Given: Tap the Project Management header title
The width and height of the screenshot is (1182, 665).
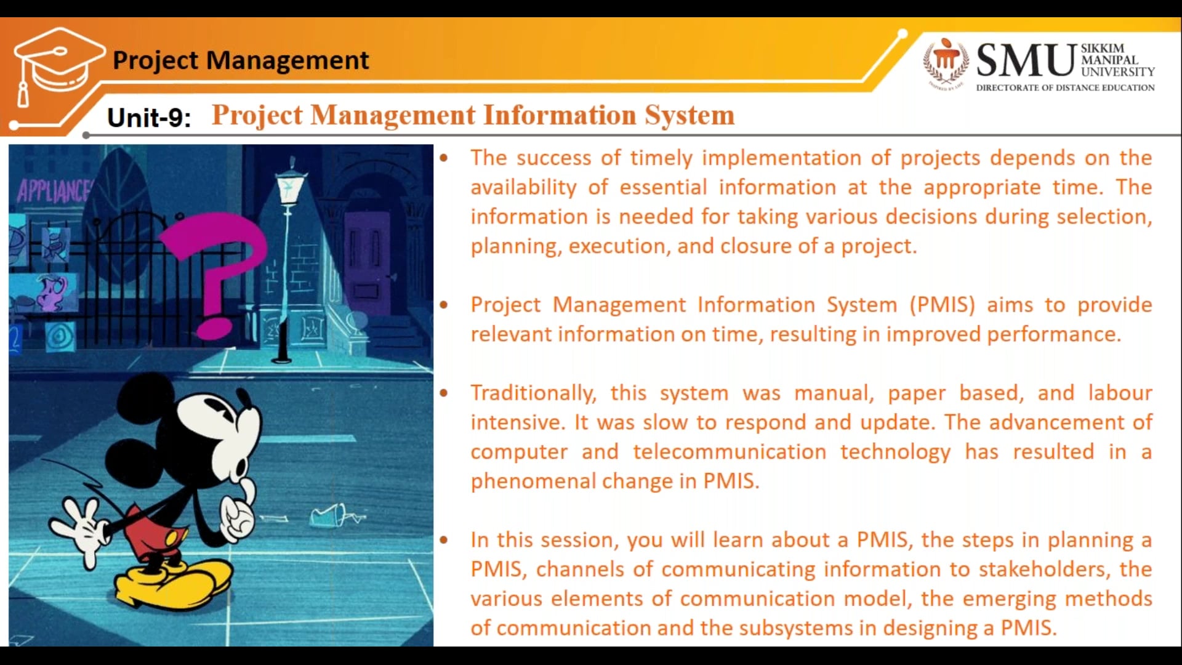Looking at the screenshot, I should tap(241, 60).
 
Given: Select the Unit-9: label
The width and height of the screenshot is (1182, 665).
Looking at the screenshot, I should tap(148, 117).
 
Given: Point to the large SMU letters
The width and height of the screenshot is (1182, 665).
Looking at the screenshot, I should tap(1026, 60).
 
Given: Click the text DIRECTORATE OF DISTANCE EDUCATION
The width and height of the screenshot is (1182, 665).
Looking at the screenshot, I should tap(1065, 88).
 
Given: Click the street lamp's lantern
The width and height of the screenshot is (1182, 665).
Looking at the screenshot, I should tap(288, 185).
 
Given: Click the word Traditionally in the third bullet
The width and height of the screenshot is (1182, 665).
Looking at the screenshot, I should tap(533, 393).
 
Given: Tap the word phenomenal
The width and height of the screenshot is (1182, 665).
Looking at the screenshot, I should tap(533, 481).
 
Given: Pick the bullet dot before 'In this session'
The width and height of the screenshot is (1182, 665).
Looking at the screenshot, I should tap(444, 540).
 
